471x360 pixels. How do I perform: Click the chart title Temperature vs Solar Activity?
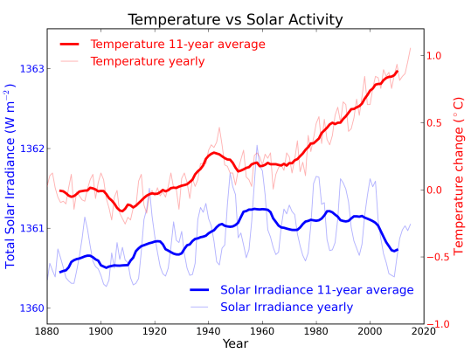235,19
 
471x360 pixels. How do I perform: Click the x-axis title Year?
235,345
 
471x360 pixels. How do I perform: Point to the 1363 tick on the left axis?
31,68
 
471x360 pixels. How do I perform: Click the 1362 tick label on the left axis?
31,149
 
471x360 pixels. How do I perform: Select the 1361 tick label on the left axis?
31,229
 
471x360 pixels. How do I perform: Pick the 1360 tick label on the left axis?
31,308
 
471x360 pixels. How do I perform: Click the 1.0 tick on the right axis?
435,56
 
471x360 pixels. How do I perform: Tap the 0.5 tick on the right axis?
435,123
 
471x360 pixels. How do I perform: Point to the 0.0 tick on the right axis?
435,190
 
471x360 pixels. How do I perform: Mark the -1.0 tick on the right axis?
435,324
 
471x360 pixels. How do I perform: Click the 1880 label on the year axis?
48,330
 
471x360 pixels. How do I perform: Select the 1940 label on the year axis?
209,330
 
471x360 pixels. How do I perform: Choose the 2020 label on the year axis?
424,330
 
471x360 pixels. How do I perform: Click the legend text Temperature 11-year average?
178,44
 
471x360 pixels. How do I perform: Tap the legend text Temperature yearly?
148,61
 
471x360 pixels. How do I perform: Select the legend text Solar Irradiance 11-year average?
316,289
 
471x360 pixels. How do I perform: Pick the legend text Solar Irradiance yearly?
287,307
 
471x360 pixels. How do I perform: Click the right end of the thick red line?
398,72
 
